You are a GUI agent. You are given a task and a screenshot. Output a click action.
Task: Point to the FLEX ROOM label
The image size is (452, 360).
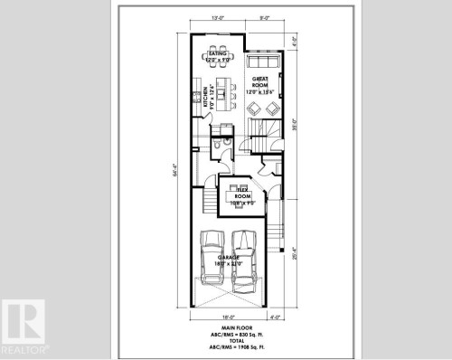(x=241, y=194)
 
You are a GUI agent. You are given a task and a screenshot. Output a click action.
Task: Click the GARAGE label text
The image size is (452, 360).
(x=227, y=259)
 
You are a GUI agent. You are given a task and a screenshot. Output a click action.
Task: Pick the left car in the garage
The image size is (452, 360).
(x=212, y=256)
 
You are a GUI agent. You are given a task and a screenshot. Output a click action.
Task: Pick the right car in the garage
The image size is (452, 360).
(x=243, y=256)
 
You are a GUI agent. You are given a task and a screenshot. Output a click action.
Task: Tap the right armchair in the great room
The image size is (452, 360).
(x=272, y=109)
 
